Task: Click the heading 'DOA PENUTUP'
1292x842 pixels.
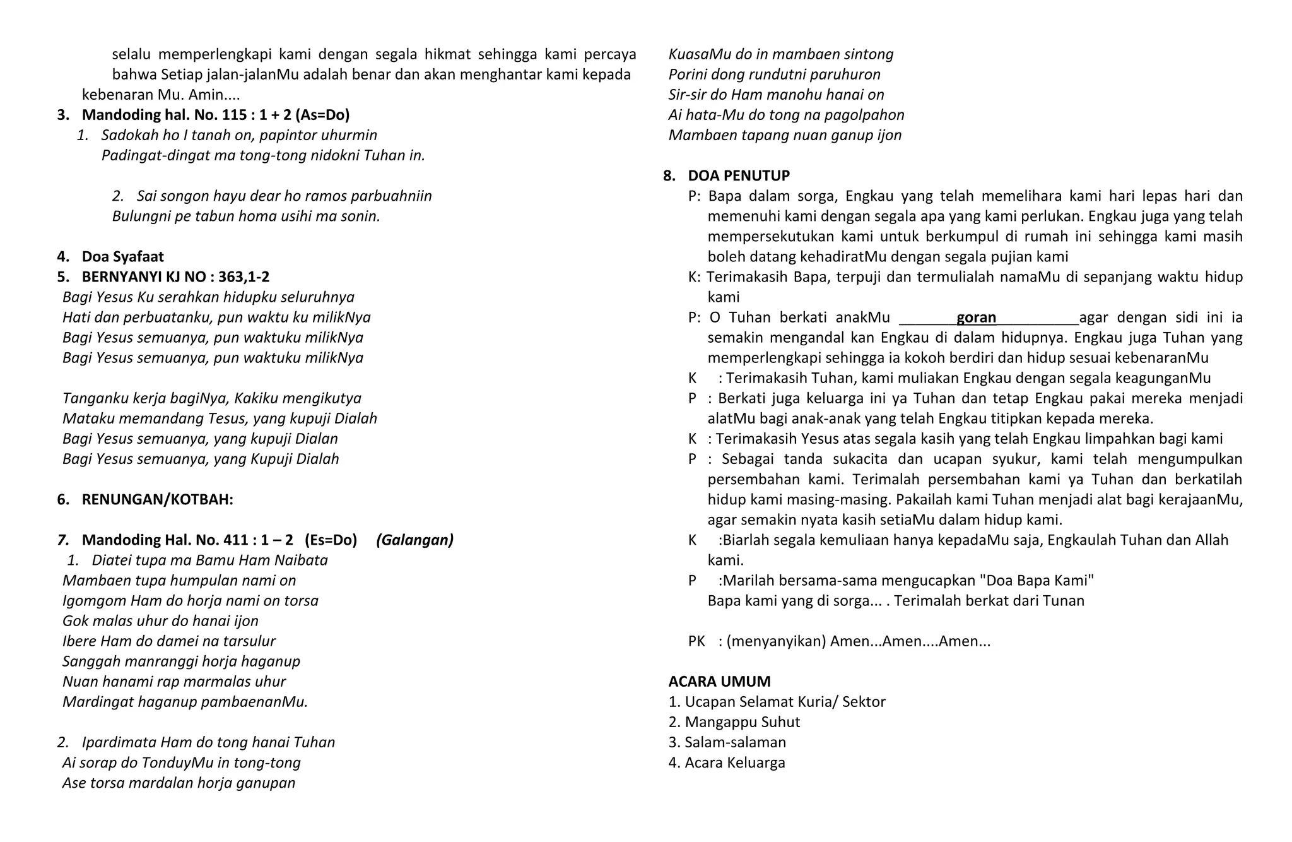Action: [738, 175]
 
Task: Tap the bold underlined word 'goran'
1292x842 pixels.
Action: [976, 317]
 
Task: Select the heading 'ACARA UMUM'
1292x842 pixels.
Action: [719, 682]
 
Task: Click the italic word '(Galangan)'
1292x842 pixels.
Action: [414, 540]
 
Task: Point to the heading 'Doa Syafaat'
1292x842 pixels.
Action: [122, 257]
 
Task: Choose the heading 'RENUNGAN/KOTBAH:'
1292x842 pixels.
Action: [157, 500]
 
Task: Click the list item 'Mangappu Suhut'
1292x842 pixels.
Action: [743, 722]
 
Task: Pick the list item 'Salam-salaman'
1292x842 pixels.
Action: [735, 742]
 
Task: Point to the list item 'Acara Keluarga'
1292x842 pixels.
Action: [735, 762]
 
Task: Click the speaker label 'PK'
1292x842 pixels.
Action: [696, 641]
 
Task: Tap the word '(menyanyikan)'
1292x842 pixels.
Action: [776, 641]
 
